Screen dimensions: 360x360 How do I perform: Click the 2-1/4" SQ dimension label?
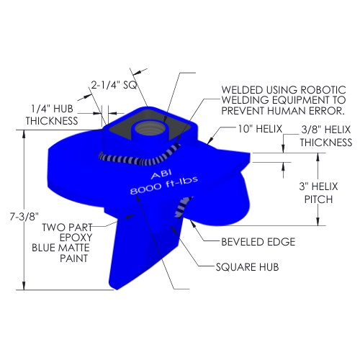click(x=114, y=85)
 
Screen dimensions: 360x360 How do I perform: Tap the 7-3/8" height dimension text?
click(x=24, y=217)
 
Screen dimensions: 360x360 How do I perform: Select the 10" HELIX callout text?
click(x=260, y=129)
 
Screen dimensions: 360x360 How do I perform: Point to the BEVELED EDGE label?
click(x=258, y=242)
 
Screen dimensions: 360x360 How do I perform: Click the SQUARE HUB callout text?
click(x=247, y=267)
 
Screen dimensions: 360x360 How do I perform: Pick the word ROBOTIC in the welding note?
click(x=323, y=90)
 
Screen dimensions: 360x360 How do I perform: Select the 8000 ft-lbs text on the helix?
click(x=164, y=186)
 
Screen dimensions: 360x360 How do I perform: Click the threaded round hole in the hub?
click(x=148, y=129)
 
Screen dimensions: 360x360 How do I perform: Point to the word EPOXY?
click(x=76, y=238)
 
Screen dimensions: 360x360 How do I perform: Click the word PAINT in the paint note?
click(x=74, y=258)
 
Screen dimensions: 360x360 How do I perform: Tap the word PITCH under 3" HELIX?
click(x=318, y=199)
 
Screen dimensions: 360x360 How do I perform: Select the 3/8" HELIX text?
click(x=326, y=130)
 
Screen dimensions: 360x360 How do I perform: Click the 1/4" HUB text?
click(x=52, y=109)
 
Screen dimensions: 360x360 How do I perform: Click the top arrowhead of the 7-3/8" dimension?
click(x=24, y=134)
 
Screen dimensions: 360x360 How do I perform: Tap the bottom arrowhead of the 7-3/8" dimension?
click(x=24, y=286)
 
